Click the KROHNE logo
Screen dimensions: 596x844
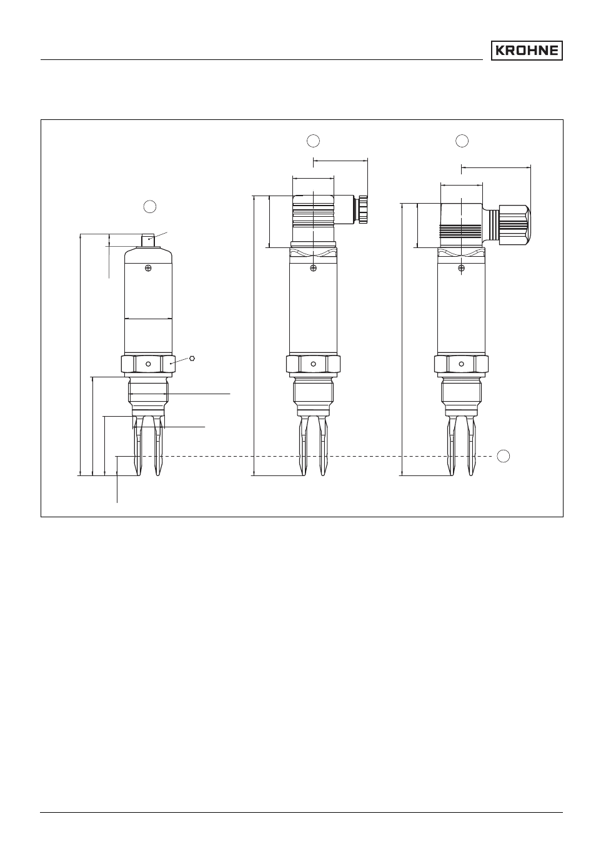tap(526, 51)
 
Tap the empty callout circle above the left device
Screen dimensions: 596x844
tap(150, 207)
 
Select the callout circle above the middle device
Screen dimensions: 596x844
tap(313, 141)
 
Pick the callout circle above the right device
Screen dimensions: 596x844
tap(462, 141)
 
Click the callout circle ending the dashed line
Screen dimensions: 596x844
tap(504, 456)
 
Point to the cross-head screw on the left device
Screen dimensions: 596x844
tap(149, 268)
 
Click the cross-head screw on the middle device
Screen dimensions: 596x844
tap(313, 268)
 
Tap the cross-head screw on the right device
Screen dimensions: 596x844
tap(462, 268)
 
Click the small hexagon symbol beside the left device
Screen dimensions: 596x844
tap(192, 359)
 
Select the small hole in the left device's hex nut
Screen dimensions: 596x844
tap(148, 364)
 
